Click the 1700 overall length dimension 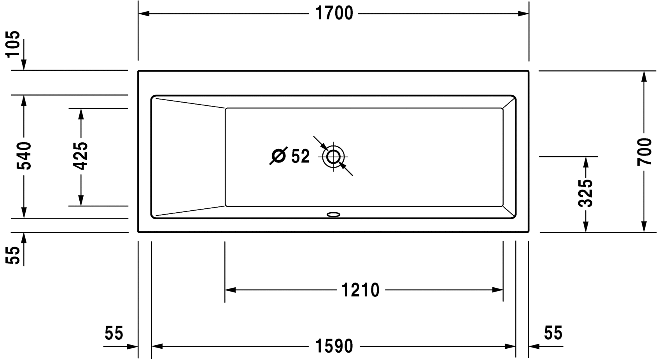pos(334,14)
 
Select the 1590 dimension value pos(334,346)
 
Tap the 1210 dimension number pos(360,290)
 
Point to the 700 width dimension pos(644,152)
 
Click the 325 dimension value pos(586,193)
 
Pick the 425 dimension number pos(81,156)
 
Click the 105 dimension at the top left pos(13,44)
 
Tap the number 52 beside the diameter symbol pos(300,156)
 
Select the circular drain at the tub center pos(333,157)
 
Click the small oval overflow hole pos(333,214)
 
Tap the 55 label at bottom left pos(114,333)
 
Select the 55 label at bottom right pos(553,333)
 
